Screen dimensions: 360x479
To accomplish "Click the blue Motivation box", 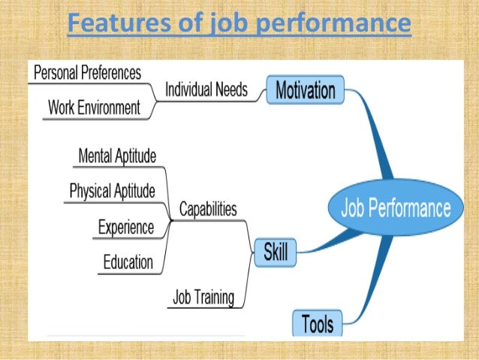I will (305, 92).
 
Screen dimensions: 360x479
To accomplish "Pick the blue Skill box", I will (276, 253).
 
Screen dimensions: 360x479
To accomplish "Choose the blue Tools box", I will (317, 324).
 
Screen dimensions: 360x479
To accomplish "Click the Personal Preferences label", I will (87, 73).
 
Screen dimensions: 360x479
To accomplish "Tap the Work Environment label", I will (94, 107).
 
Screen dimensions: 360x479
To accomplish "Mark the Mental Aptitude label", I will (117, 156).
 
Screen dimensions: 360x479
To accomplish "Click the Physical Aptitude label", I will (112, 191).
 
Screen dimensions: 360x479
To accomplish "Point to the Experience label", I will (126, 226).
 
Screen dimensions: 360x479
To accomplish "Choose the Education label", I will (128, 262).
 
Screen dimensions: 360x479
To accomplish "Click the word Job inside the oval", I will (357, 207).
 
